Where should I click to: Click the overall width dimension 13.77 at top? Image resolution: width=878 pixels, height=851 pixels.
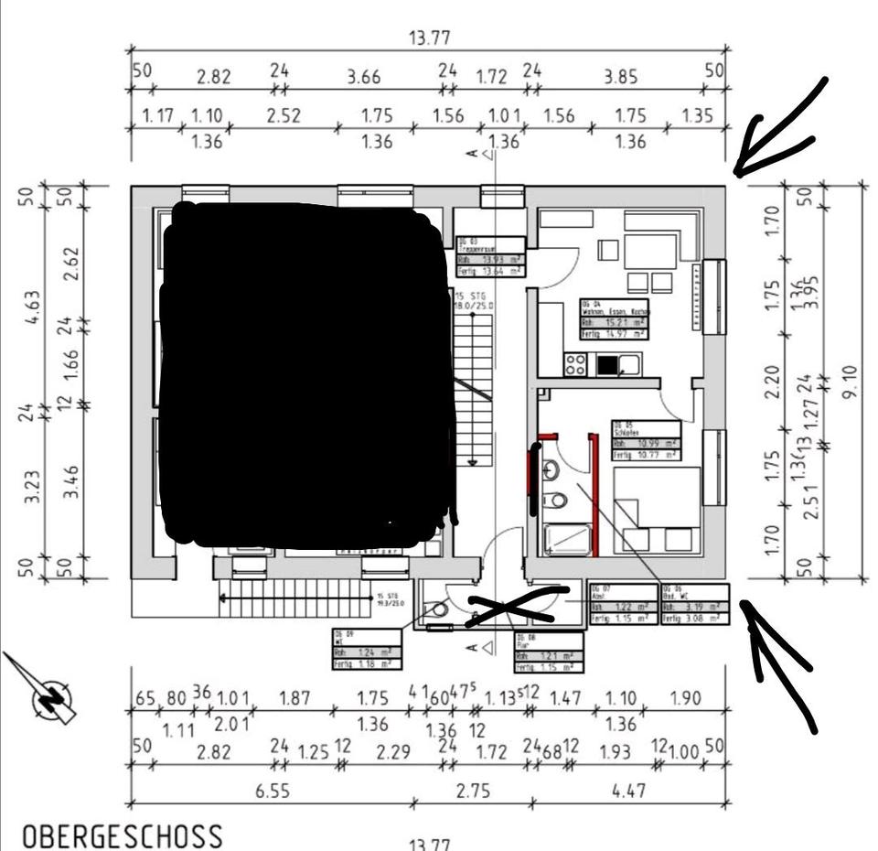pyautogui.click(x=429, y=38)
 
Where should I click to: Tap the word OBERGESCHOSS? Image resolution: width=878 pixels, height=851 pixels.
pyautogui.click(x=122, y=835)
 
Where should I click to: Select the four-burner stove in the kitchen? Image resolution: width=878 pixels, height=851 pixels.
pyautogui.click(x=575, y=364)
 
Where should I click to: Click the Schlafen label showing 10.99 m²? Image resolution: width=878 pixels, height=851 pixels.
pyautogui.click(x=646, y=440)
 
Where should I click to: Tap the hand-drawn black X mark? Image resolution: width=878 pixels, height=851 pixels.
pyautogui.click(x=514, y=605)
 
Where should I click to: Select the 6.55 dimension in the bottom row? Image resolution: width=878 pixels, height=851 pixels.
pyautogui.click(x=273, y=792)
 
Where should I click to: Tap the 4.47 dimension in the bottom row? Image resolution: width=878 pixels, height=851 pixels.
pyautogui.click(x=628, y=792)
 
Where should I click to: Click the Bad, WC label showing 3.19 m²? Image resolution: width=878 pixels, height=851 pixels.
pyautogui.click(x=696, y=604)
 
